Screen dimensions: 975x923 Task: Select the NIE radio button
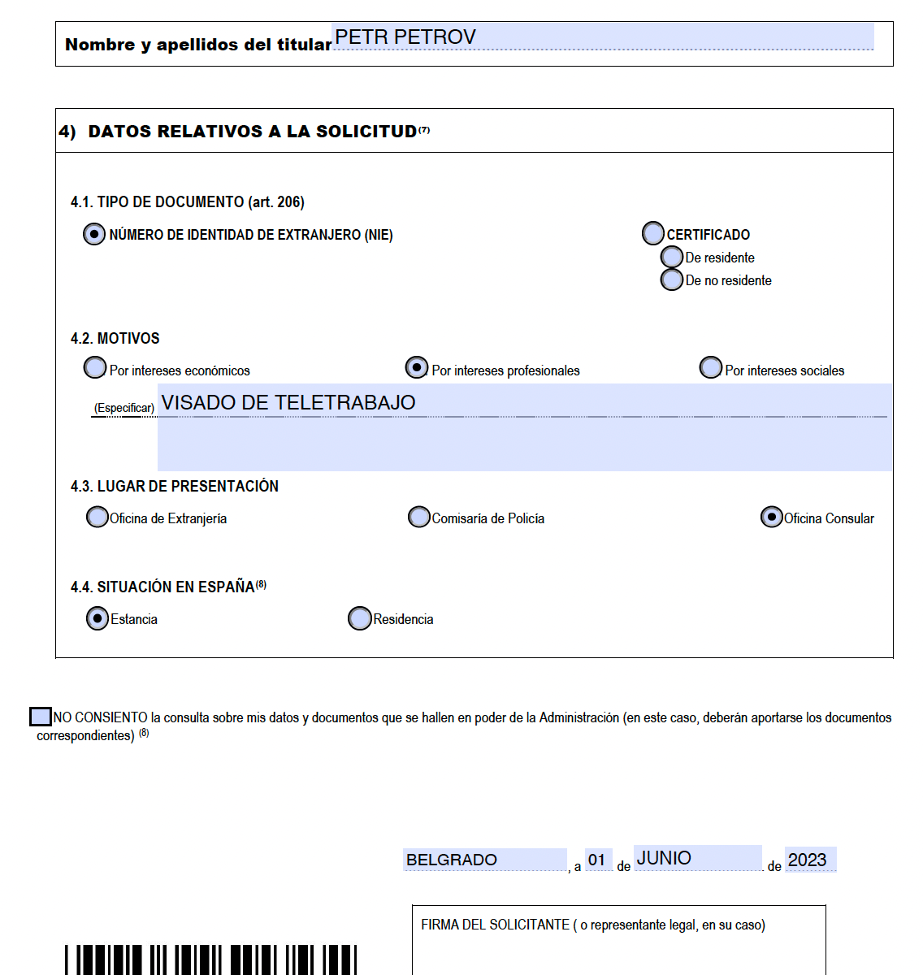pyautogui.click(x=94, y=234)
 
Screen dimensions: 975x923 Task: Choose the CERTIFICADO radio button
pyautogui.click(x=653, y=234)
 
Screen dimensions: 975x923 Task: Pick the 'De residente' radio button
pyautogui.click(x=672, y=258)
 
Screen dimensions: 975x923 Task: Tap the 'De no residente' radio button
pyautogui.click(x=672, y=279)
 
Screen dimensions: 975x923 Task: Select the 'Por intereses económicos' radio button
pyautogui.click(x=95, y=368)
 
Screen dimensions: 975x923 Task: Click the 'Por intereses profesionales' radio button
pyautogui.click(x=417, y=368)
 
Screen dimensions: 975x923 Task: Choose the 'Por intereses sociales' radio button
pyautogui.click(x=711, y=368)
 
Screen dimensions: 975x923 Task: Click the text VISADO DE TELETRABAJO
pyautogui.click(x=288, y=403)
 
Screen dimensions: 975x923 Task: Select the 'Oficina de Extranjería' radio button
pyautogui.click(x=97, y=517)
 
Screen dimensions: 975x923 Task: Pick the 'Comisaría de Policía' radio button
pyautogui.click(x=419, y=517)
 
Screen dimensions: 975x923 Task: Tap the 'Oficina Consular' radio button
pyautogui.click(x=771, y=517)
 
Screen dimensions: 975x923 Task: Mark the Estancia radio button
pyautogui.click(x=97, y=618)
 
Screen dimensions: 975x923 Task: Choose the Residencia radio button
pyautogui.click(x=359, y=618)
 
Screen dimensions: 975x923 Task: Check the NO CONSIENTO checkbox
pyautogui.click(x=40, y=717)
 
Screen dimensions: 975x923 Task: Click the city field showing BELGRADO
pyautogui.click(x=484, y=860)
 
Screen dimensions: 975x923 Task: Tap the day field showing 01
pyautogui.click(x=598, y=860)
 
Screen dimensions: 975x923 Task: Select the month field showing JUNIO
pyautogui.click(x=697, y=858)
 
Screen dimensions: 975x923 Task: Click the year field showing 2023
pyautogui.click(x=809, y=860)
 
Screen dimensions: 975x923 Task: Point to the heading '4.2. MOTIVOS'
pyautogui.click(x=115, y=338)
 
